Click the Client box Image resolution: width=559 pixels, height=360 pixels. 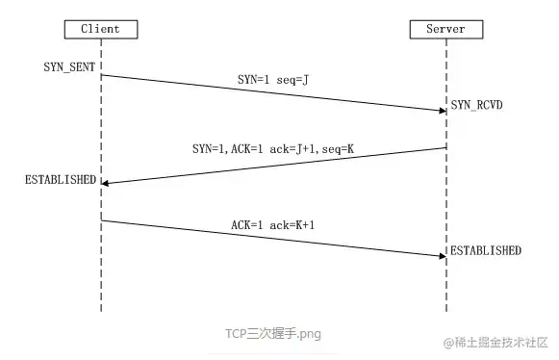pos(101,29)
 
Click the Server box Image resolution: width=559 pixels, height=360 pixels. pos(445,29)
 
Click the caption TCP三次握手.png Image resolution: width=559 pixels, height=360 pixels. pos(273,334)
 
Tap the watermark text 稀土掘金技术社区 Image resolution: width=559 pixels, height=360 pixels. pos(501,343)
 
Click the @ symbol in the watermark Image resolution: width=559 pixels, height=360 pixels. pos(447,343)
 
